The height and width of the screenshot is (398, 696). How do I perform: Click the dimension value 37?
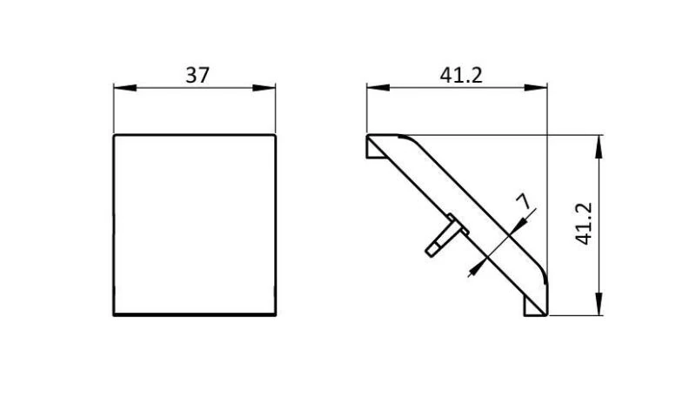197,75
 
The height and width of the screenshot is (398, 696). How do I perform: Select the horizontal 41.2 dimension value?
461,75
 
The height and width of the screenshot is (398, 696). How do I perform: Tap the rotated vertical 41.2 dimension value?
584,224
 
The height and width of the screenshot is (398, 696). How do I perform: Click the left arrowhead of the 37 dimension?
124,88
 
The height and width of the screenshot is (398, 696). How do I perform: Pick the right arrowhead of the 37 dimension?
264,88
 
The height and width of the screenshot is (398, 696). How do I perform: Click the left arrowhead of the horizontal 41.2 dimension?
378,88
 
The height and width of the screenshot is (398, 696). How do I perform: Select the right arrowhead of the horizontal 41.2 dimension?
536,88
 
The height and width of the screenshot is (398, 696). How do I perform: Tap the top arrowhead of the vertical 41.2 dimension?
599,146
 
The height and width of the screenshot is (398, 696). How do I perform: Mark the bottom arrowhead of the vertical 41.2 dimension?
599,304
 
